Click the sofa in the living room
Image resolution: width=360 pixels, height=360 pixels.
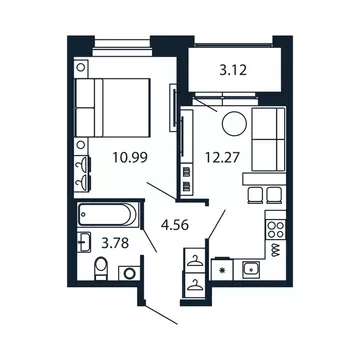click(267, 141)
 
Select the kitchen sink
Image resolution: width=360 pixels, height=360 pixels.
click(250, 269)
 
